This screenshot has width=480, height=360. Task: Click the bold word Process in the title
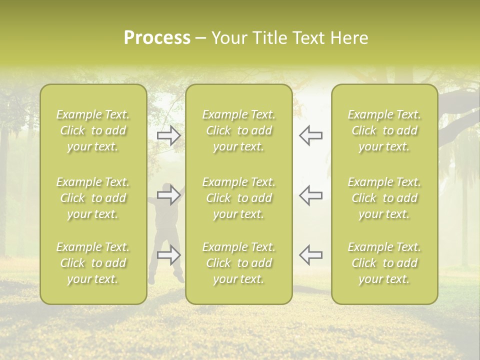point(157,38)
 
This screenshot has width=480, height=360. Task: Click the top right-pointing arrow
point(168,135)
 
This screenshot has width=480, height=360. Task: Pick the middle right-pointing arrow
point(168,195)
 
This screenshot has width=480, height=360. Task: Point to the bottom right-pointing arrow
point(168,255)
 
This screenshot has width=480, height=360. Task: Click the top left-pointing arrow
point(311,135)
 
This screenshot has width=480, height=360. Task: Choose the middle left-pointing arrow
point(311,195)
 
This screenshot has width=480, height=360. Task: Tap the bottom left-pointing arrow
point(311,255)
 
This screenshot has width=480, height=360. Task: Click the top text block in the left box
point(93,130)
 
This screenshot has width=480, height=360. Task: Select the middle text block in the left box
point(93,198)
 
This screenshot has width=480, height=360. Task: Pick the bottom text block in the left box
point(93,263)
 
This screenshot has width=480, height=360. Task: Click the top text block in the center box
point(239,130)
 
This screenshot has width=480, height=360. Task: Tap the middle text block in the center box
point(239,198)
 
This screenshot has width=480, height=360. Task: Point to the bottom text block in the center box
point(239,263)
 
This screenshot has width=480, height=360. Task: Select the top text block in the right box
point(384,130)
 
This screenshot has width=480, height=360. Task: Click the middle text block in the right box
point(384,198)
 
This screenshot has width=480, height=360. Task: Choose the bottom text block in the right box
point(384,263)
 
